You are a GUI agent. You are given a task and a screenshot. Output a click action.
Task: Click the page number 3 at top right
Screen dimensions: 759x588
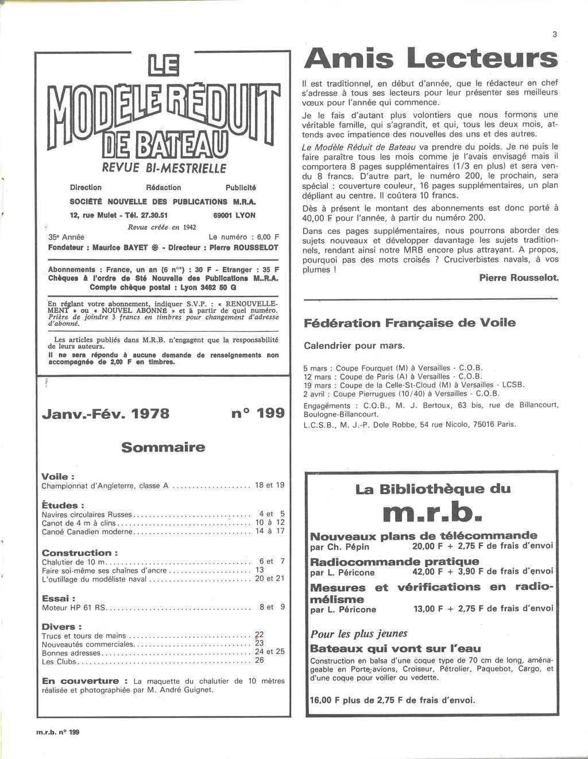pos(555,34)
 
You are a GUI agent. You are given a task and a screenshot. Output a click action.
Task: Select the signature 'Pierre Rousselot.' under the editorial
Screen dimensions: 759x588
pos(519,278)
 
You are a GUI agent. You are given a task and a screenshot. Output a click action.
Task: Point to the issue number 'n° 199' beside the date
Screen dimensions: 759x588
pos(258,413)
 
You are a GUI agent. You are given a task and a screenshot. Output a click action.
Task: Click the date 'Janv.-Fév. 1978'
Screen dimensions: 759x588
pos(106,414)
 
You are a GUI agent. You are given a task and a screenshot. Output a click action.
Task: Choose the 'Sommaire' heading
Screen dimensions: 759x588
pos(163,447)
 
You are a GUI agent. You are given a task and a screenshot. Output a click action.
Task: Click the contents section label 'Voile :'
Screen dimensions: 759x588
pos(58,477)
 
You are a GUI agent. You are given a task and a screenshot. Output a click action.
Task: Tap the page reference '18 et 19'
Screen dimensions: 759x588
pos(269,485)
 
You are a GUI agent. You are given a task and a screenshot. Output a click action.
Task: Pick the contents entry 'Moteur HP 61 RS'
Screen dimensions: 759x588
pos(74,607)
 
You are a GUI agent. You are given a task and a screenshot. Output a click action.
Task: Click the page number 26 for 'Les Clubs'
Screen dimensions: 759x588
pos(260,660)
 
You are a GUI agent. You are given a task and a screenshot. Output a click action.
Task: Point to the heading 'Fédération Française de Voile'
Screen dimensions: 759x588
pos(409,323)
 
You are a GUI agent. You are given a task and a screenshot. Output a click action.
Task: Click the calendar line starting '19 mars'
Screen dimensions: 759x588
pos(413,386)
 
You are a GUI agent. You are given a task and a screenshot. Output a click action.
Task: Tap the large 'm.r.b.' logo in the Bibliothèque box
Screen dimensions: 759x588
pos(432,512)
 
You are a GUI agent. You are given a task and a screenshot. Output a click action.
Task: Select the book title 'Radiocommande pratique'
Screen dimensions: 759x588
pos(394,561)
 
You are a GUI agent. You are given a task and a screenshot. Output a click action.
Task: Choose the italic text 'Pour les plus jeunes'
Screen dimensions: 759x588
pos(359,634)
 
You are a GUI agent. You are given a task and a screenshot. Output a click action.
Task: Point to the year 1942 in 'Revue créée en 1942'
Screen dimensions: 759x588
pos(189,227)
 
